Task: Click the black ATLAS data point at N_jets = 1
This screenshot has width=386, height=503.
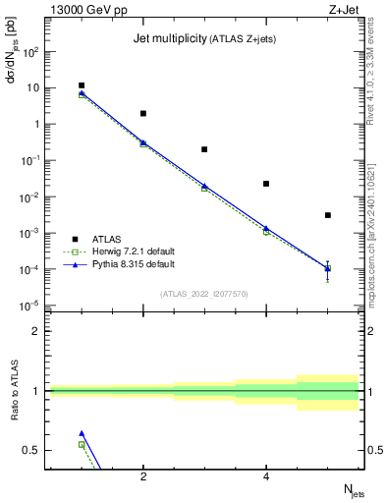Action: (82, 85)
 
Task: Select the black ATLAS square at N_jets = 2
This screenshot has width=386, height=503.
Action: (143, 114)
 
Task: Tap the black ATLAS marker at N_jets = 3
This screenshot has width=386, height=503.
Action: (204, 149)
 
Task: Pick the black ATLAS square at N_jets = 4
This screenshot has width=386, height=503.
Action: (266, 184)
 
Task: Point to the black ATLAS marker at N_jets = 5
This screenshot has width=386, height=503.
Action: (328, 215)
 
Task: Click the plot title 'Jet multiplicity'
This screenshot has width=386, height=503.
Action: (168, 39)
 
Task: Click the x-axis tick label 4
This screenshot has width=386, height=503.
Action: (266, 477)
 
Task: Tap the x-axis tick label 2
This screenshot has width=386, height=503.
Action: (143, 477)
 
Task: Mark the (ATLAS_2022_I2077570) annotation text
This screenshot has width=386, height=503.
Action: (204, 293)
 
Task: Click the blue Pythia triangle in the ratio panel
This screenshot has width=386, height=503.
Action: (82, 433)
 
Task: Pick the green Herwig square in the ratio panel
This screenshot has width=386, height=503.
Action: (82, 444)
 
